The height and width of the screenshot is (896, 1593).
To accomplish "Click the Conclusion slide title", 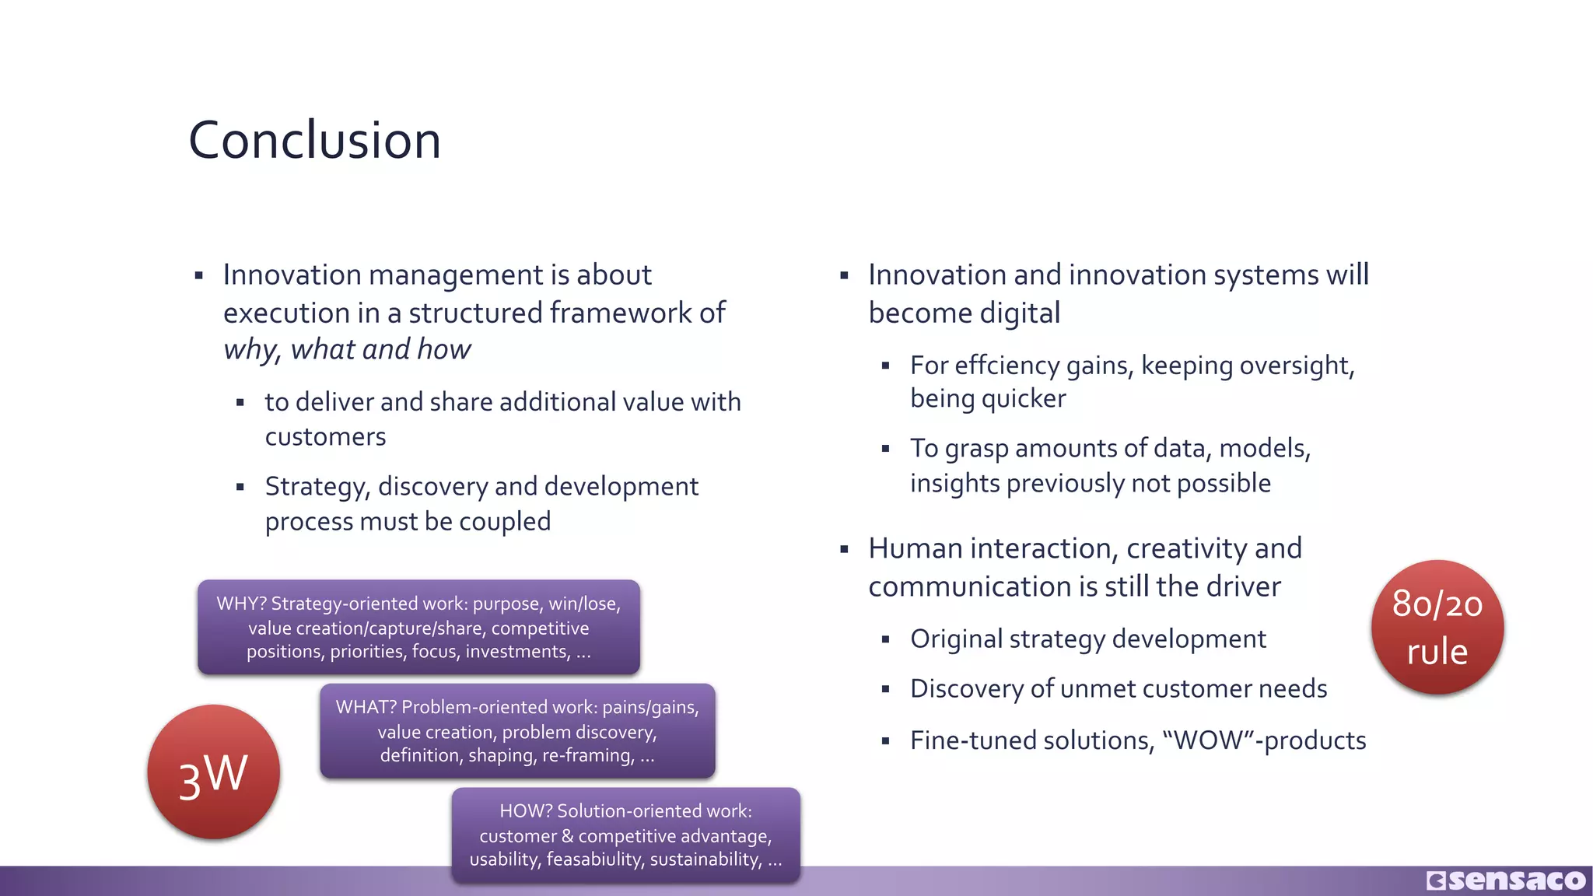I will [x=314, y=141].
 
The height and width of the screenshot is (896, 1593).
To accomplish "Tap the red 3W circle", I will [x=214, y=772].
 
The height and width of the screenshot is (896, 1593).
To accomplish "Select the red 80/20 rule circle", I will [x=1437, y=627].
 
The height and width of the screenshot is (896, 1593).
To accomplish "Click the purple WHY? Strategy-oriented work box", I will [x=418, y=627].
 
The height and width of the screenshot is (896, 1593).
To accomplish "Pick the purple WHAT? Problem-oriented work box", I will [x=517, y=731].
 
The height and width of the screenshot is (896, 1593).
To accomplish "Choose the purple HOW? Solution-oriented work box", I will [x=625, y=835].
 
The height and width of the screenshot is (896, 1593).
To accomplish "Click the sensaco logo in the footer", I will [x=1506, y=880].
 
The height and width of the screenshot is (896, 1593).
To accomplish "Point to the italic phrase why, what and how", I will [x=347, y=349].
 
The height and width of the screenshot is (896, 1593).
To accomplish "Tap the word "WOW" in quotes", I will [x=1209, y=740].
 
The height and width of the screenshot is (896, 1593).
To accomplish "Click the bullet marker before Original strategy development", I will [x=885, y=639].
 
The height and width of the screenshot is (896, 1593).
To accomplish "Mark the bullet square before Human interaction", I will [x=844, y=549].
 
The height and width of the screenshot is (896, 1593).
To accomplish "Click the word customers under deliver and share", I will [x=325, y=436].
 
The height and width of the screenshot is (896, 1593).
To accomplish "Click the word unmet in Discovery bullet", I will [x=1095, y=688].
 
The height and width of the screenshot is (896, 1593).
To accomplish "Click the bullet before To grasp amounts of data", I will [x=885, y=449].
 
